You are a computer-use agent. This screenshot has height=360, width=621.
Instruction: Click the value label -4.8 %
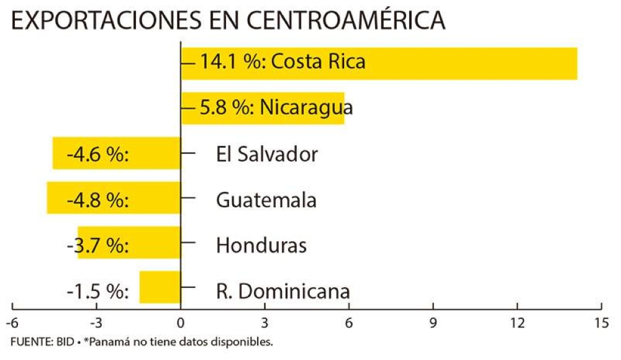tap(97, 200)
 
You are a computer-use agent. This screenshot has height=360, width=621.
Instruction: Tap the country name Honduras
tap(261, 246)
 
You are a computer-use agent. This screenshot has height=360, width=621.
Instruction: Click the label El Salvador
tap(267, 154)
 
